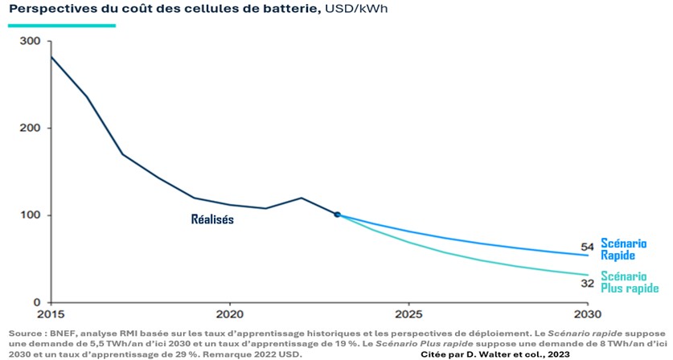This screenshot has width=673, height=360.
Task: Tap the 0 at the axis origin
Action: pos(37,302)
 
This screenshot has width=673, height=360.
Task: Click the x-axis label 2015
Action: pos(51,315)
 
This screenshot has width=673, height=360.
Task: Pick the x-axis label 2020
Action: pos(230,315)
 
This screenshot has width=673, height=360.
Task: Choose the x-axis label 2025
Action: pos(408,315)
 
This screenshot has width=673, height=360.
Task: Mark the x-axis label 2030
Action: pos(588,315)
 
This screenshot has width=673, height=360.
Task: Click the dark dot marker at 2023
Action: pos(338,215)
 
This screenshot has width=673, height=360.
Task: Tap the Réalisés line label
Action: pos(212,219)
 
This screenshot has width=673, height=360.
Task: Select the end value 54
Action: pos(587,246)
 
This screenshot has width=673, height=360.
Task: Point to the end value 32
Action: pos(587,283)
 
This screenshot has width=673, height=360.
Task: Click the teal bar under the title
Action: pos(62,25)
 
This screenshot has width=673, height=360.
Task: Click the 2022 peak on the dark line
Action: pos(302,198)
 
